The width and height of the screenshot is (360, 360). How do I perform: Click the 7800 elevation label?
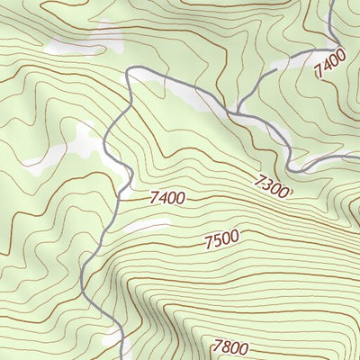(x=230, y=346)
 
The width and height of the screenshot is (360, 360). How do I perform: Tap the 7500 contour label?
(x=221, y=240)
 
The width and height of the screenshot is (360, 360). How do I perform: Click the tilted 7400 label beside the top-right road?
(x=330, y=66)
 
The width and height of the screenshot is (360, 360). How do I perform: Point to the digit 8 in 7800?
(x=226, y=346)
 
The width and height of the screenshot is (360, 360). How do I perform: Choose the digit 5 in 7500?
(x=217, y=241)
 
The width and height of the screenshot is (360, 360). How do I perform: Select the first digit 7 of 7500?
(x=208, y=242)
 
